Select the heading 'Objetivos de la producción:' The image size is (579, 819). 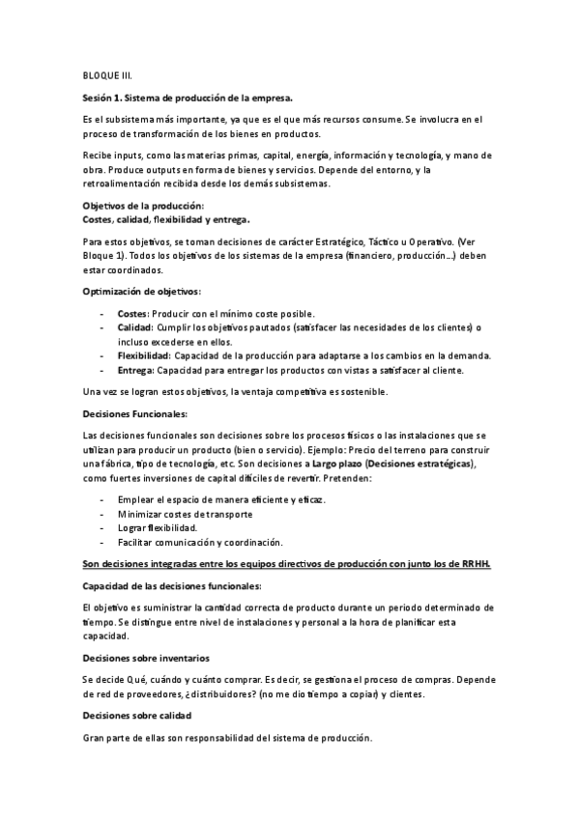(143, 206)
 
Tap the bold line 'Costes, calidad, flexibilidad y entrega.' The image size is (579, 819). (166, 219)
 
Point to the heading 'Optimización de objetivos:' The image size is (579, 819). (142, 291)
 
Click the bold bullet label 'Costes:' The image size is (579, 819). (132, 314)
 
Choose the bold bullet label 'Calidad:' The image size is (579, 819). (135, 327)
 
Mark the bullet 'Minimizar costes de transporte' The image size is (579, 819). (187, 514)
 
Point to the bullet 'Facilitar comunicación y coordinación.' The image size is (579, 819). (199, 542)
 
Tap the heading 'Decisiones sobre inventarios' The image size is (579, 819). (144, 658)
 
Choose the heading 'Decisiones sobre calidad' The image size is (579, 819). (137, 715)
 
